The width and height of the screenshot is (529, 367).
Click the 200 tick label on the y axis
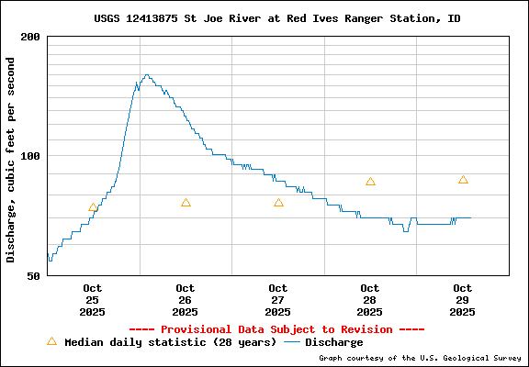click(30, 37)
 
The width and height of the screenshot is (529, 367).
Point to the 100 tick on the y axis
click(30, 156)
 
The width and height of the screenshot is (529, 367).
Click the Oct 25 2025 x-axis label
click(93, 300)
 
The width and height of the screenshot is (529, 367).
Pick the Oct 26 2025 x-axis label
click(186, 300)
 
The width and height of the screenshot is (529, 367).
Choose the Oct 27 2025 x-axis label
click(278, 300)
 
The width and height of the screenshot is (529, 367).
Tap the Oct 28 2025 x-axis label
click(370, 300)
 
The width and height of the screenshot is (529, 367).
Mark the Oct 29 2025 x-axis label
click(463, 300)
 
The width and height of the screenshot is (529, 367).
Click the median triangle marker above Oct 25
click(93, 207)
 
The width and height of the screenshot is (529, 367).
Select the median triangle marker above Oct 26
click(186, 203)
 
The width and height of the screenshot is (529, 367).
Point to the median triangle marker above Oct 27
click(278, 203)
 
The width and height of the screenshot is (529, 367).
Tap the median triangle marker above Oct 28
click(370, 182)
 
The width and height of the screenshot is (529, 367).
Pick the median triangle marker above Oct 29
click(463, 180)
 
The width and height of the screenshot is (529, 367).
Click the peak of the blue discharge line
click(146, 75)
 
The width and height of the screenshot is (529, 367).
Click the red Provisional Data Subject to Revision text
click(276, 329)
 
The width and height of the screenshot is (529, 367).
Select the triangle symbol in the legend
click(51, 341)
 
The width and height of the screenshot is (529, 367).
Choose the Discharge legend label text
click(334, 342)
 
